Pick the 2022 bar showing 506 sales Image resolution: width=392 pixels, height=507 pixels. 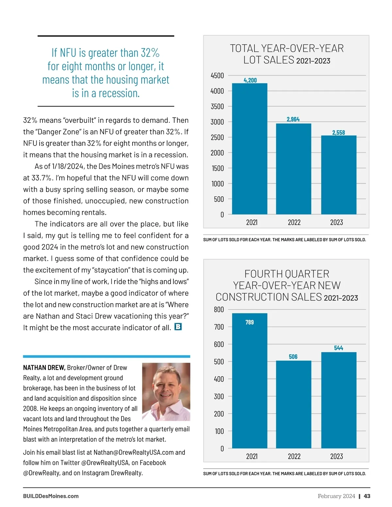(x=293, y=404)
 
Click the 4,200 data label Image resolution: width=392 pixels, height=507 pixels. (x=250, y=80)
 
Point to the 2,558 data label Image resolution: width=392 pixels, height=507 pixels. (x=338, y=133)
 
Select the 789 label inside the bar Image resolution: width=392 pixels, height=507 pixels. (x=250, y=323)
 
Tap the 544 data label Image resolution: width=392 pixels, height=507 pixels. (x=338, y=348)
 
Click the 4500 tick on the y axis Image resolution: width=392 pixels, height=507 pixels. (x=217, y=76)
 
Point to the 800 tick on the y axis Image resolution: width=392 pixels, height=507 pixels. (x=219, y=309)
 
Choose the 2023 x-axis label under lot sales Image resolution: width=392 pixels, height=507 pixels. (x=336, y=223)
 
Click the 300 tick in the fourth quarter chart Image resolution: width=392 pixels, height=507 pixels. (x=219, y=397)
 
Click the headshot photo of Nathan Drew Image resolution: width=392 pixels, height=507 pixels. (x=166, y=392)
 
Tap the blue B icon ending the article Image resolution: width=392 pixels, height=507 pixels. (x=178, y=327)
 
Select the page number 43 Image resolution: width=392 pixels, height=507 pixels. (x=367, y=496)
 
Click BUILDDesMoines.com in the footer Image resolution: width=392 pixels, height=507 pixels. (x=51, y=496)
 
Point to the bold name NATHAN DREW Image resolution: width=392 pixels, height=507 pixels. (x=44, y=368)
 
